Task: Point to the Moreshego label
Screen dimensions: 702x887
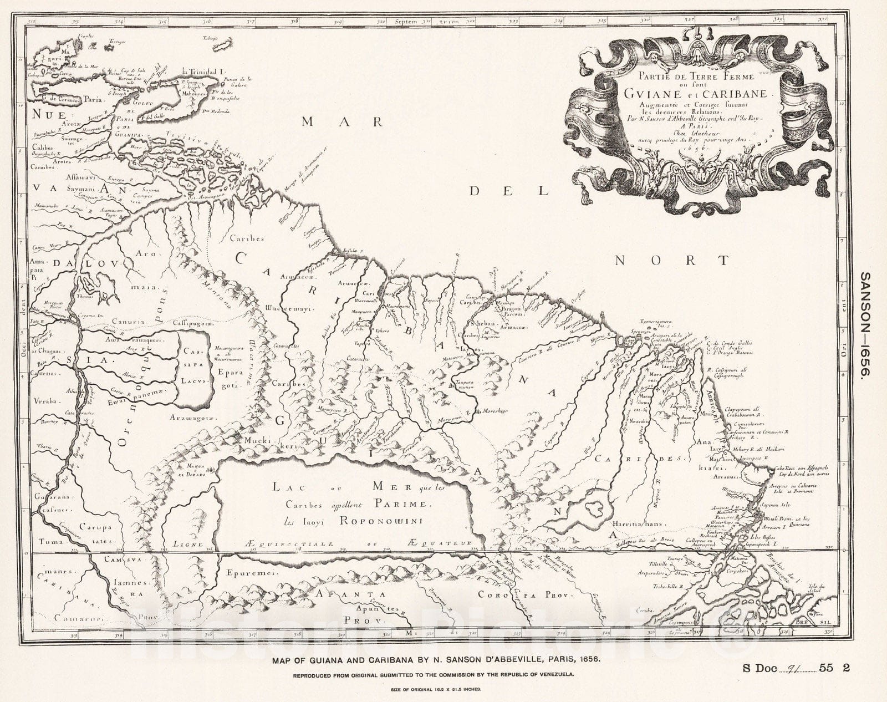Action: coord(494,414)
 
